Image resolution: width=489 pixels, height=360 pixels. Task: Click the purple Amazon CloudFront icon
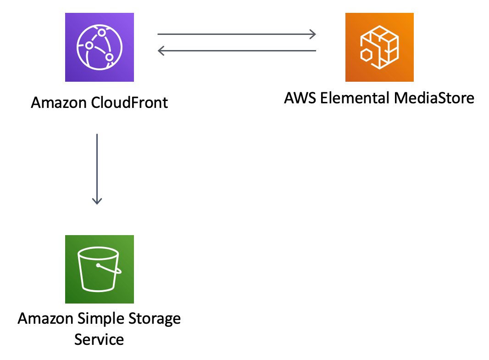tap(99, 47)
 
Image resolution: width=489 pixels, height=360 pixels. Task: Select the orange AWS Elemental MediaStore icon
tap(379, 47)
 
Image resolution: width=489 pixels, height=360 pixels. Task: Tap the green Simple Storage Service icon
tap(99, 269)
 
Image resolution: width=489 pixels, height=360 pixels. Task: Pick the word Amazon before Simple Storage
tap(46, 318)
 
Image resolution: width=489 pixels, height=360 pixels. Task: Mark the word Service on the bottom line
tap(99, 339)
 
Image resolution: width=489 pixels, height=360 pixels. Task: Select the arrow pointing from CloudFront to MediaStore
tap(237, 34)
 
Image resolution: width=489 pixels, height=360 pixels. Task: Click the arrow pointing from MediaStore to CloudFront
tap(237, 51)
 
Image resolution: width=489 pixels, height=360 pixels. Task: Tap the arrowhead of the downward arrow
tap(97, 201)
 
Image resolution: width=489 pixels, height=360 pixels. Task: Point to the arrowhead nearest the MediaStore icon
tap(313, 34)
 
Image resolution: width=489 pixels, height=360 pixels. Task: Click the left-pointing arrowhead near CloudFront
tap(161, 51)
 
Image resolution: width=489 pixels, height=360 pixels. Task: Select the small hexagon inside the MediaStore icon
tap(367, 56)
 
